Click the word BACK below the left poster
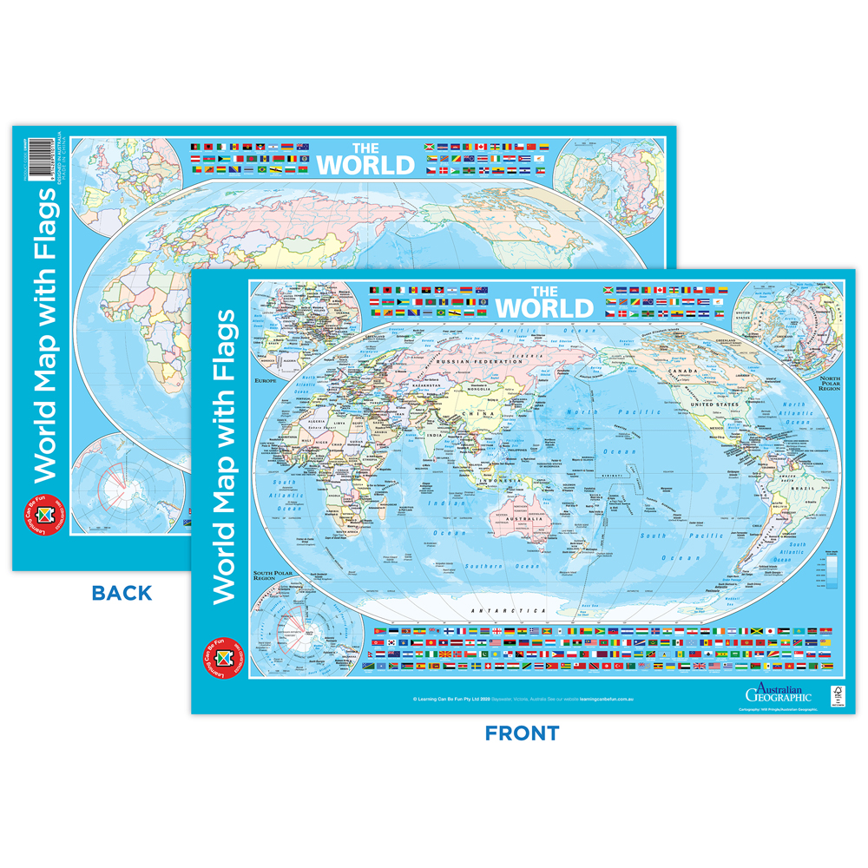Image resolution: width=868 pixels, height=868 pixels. pos(122,594)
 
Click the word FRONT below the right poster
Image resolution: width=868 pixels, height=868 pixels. pos(522,733)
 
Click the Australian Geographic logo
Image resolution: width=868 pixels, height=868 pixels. pos(778,693)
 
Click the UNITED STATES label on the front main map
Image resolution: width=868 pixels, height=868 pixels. pos(713,404)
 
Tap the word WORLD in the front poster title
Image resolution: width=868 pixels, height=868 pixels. pos(544,307)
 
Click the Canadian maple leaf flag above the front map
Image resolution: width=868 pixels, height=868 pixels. pos(659,289)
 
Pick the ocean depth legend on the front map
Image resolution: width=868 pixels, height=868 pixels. pos(832,569)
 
